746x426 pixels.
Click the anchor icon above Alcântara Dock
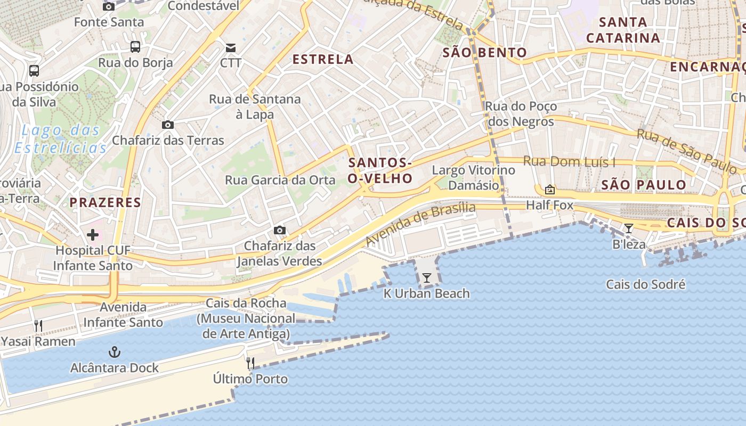(114, 352)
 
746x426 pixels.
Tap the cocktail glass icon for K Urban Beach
(426, 277)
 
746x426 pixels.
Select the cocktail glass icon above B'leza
(629, 228)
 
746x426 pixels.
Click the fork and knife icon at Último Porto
(250, 363)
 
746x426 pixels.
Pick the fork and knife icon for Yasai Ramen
(38, 325)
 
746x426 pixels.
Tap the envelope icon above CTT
(231, 47)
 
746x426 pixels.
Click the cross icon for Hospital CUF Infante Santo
(93, 234)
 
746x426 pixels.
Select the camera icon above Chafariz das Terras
(168, 125)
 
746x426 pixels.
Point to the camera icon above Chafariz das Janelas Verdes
(279, 230)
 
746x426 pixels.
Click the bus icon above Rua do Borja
(135, 47)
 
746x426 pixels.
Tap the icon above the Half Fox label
(549, 190)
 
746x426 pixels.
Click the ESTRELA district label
(323, 59)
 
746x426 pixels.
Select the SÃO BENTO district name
(484, 53)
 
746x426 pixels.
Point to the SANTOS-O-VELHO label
(380, 170)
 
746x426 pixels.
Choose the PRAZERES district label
(106, 202)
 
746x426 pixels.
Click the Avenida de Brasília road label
(420, 224)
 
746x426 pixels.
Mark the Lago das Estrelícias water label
(60, 138)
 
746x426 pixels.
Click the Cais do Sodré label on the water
(645, 284)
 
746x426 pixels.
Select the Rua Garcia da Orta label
(280, 180)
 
